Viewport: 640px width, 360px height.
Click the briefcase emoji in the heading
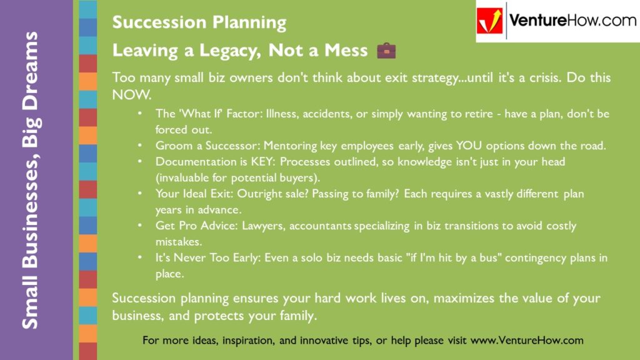pyautogui.click(x=386, y=51)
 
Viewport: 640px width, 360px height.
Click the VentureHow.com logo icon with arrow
pyautogui.click(x=490, y=21)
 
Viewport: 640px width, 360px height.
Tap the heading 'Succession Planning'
pyautogui.click(x=199, y=23)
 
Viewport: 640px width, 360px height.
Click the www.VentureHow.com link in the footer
pyautogui.click(x=527, y=341)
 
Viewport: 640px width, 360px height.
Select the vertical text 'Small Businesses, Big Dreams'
pyautogui.click(x=29, y=180)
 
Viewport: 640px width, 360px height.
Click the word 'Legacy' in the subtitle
pyautogui.click(x=218, y=51)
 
